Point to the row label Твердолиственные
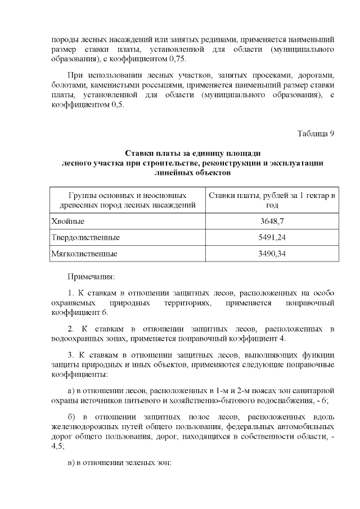tap(85, 237)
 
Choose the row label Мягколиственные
tap(84, 254)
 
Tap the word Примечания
tap(91, 277)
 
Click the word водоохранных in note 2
tap(80, 338)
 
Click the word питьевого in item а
tap(179, 400)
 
